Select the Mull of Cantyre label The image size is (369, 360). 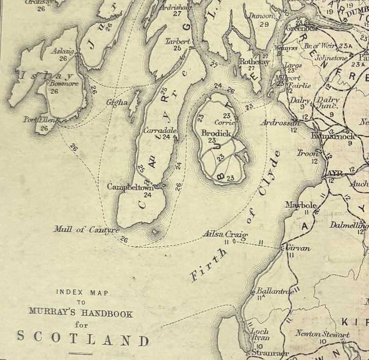(x=86, y=229)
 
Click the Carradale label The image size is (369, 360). (x=160, y=130)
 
